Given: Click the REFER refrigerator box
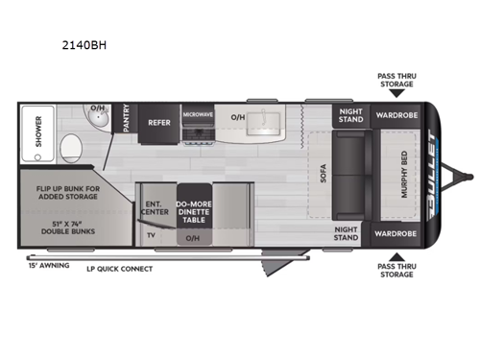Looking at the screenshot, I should coord(158,123).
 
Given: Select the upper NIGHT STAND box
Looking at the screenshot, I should coord(348,115).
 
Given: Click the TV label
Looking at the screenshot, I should coord(151,233).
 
